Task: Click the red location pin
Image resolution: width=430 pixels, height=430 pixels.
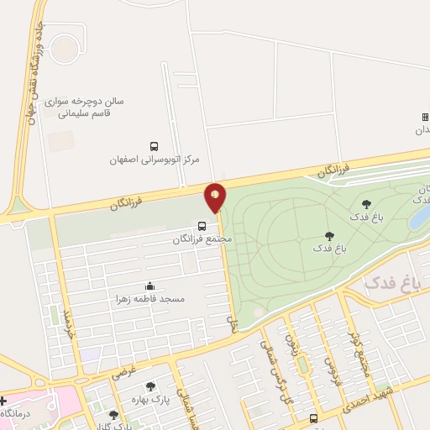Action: [216, 197]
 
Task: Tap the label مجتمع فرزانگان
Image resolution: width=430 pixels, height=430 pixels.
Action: [202, 239]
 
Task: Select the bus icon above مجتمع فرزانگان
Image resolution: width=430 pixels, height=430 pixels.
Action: [202, 225]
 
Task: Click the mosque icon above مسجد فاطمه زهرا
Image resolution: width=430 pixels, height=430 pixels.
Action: [150, 286]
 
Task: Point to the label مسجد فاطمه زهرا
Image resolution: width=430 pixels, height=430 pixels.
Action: [151, 299]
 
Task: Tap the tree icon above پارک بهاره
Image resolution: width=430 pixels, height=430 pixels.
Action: [151, 387]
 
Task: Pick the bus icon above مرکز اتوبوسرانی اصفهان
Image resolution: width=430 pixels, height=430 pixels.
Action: [153, 145]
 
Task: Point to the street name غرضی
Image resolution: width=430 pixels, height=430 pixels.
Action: [125, 367]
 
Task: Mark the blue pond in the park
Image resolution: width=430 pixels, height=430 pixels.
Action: [418, 217]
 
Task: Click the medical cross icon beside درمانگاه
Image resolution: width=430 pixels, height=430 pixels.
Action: [3, 401]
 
